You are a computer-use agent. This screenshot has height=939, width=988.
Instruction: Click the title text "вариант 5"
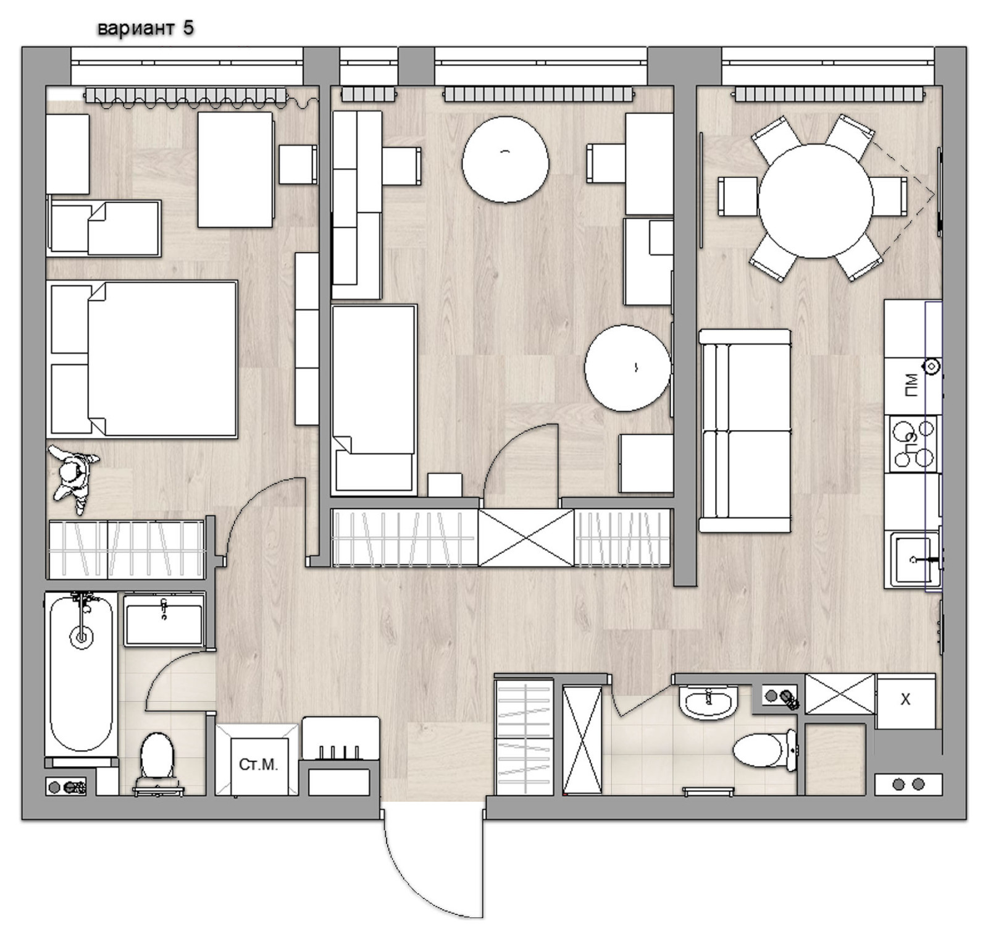pyautogui.click(x=146, y=28)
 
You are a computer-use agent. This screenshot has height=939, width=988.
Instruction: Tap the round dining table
pyautogui.click(x=816, y=201)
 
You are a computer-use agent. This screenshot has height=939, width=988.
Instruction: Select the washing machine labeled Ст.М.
pyautogui.click(x=257, y=760)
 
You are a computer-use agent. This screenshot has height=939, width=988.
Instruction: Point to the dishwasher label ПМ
pyautogui.click(x=911, y=384)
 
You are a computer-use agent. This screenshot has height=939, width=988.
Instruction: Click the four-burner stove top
pyautogui.click(x=913, y=444)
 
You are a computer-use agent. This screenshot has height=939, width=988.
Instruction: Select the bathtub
pyautogui.click(x=81, y=674)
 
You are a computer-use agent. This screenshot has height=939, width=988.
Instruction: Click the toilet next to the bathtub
pyautogui.click(x=157, y=761)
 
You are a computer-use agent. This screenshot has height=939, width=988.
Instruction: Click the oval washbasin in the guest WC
pyautogui.click(x=708, y=703)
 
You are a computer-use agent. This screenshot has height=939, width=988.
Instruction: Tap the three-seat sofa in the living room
pyautogui.click(x=745, y=431)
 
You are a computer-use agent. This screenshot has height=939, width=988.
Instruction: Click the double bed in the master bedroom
pyautogui.click(x=142, y=360)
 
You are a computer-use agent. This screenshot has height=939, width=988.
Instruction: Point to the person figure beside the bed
pyautogui.click(x=73, y=478)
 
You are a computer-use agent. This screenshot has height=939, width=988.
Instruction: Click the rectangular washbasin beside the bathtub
pyautogui.click(x=164, y=620)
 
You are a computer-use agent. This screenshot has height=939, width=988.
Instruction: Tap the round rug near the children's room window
pyautogui.click(x=505, y=159)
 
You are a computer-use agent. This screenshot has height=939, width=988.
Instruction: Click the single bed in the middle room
pyautogui.click(x=374, y=399)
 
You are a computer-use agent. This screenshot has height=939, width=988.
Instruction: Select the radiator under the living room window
pyautogui.click(x=829, y=95)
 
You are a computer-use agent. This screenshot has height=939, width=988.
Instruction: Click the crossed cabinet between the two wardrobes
pyautogui.click(x=526, y=537)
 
